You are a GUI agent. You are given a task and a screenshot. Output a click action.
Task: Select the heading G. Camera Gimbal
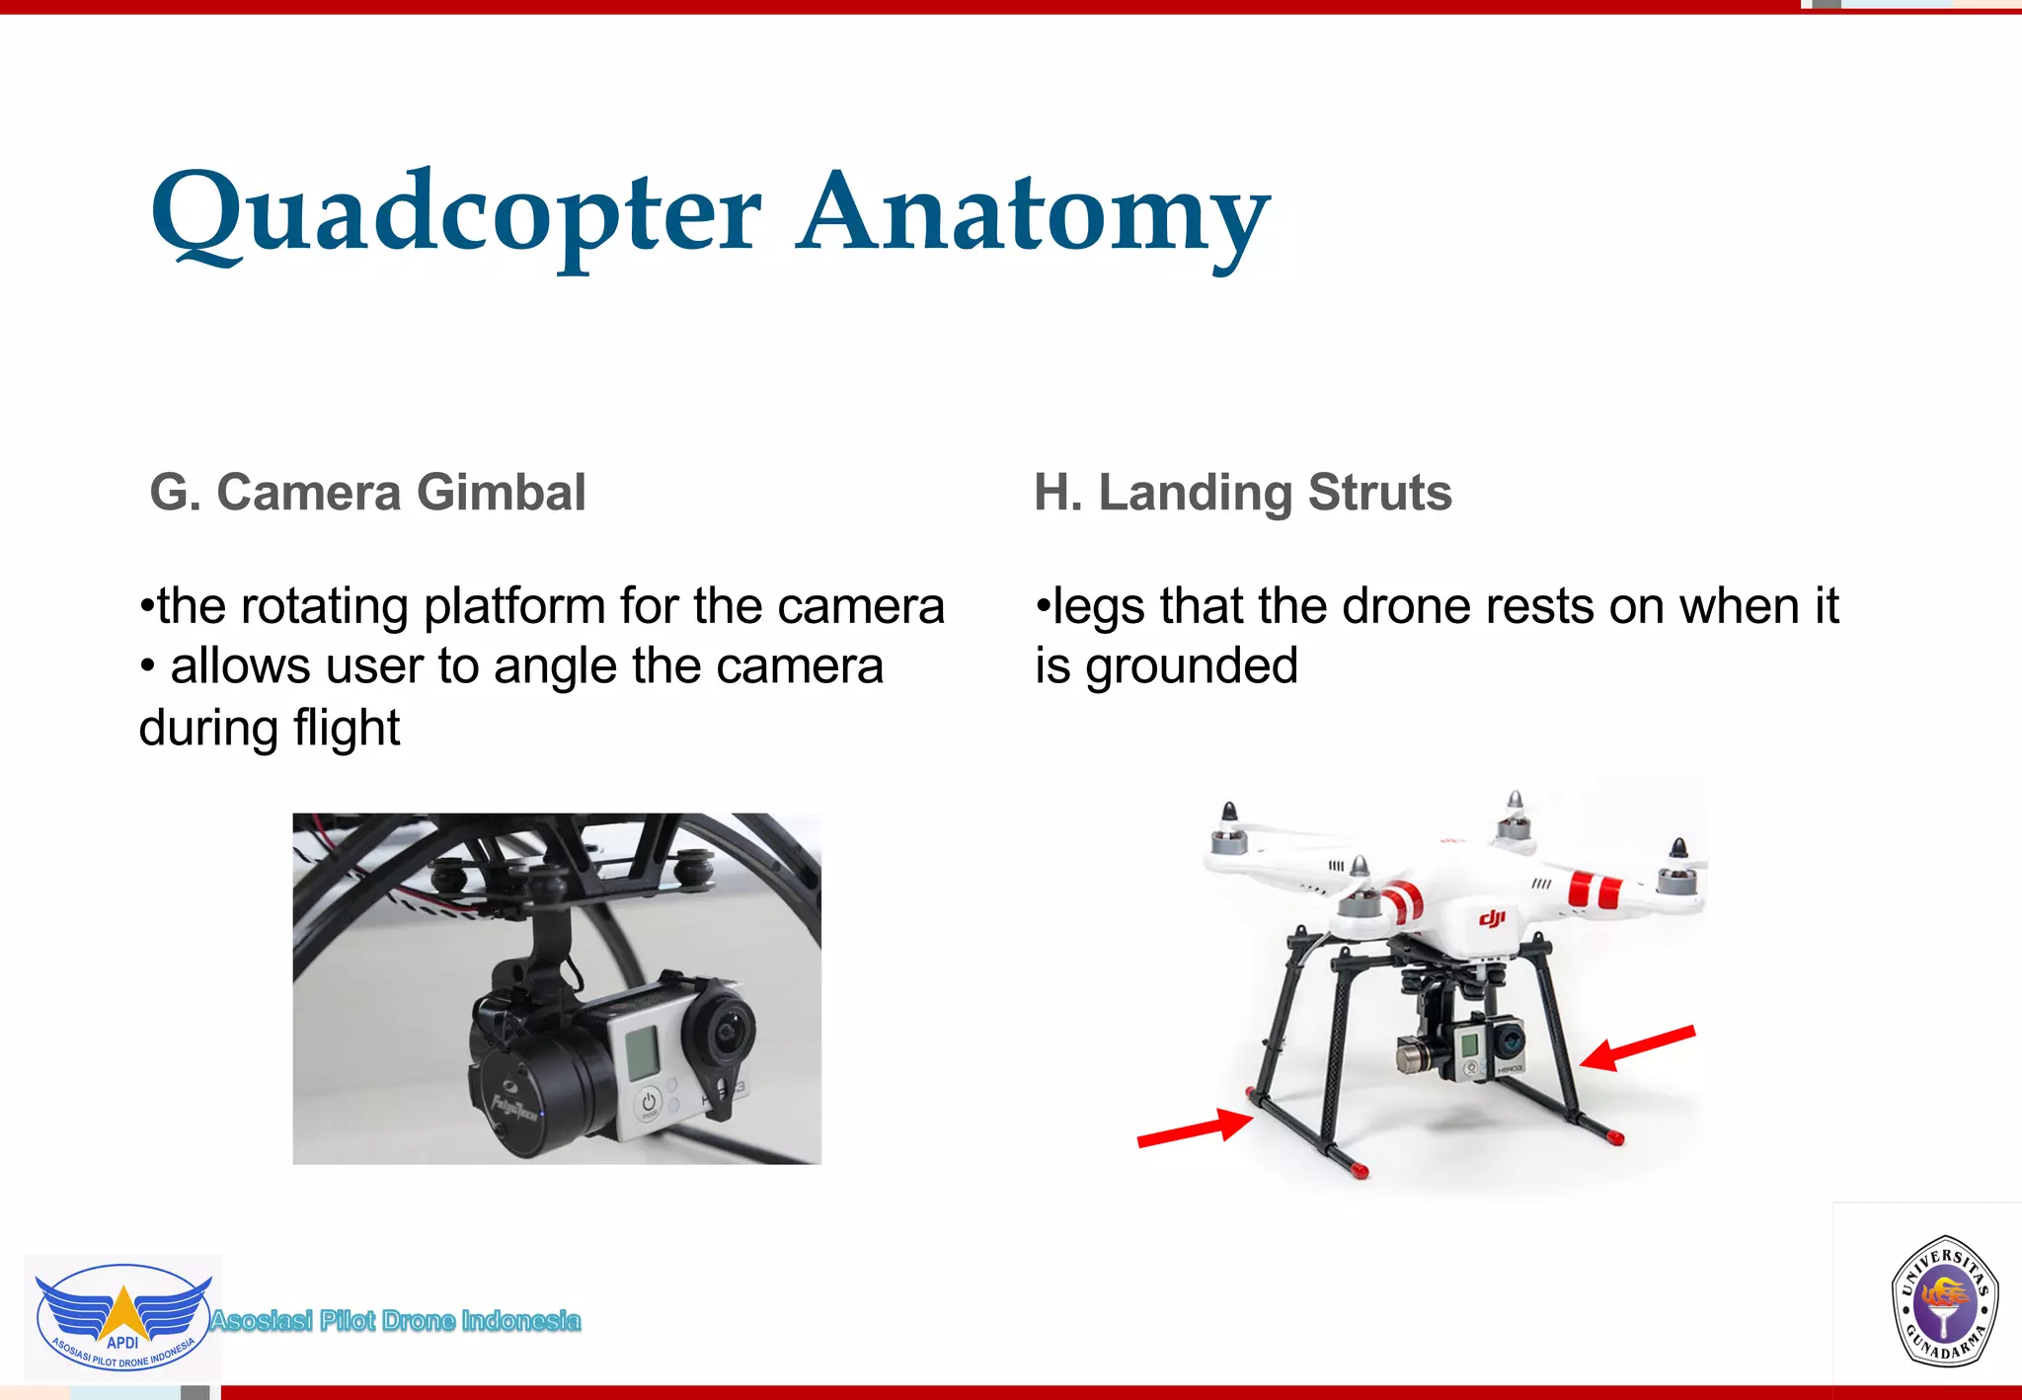pyautogui.click(x=367, y=493)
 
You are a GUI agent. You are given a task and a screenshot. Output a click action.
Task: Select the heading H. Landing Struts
pyautogui.click(x=1243, y=493)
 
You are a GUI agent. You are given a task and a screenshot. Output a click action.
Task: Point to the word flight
pyautogui.click(x=346, y=729)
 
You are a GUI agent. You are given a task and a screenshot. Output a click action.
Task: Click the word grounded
pyautogui.click(x=1192, y=666)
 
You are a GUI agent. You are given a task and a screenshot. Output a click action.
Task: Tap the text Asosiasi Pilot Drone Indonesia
pyautogui.click(x=395, y=1321)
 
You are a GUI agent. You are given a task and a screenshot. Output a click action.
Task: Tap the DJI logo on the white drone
pyautogui.click(x=1492, y=919)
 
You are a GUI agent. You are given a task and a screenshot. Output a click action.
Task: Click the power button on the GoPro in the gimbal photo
pyautogui.click(x=649, y=1103)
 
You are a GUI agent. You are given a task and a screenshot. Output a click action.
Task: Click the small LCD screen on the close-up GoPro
pyautogui.click(x=643, y=1052)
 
